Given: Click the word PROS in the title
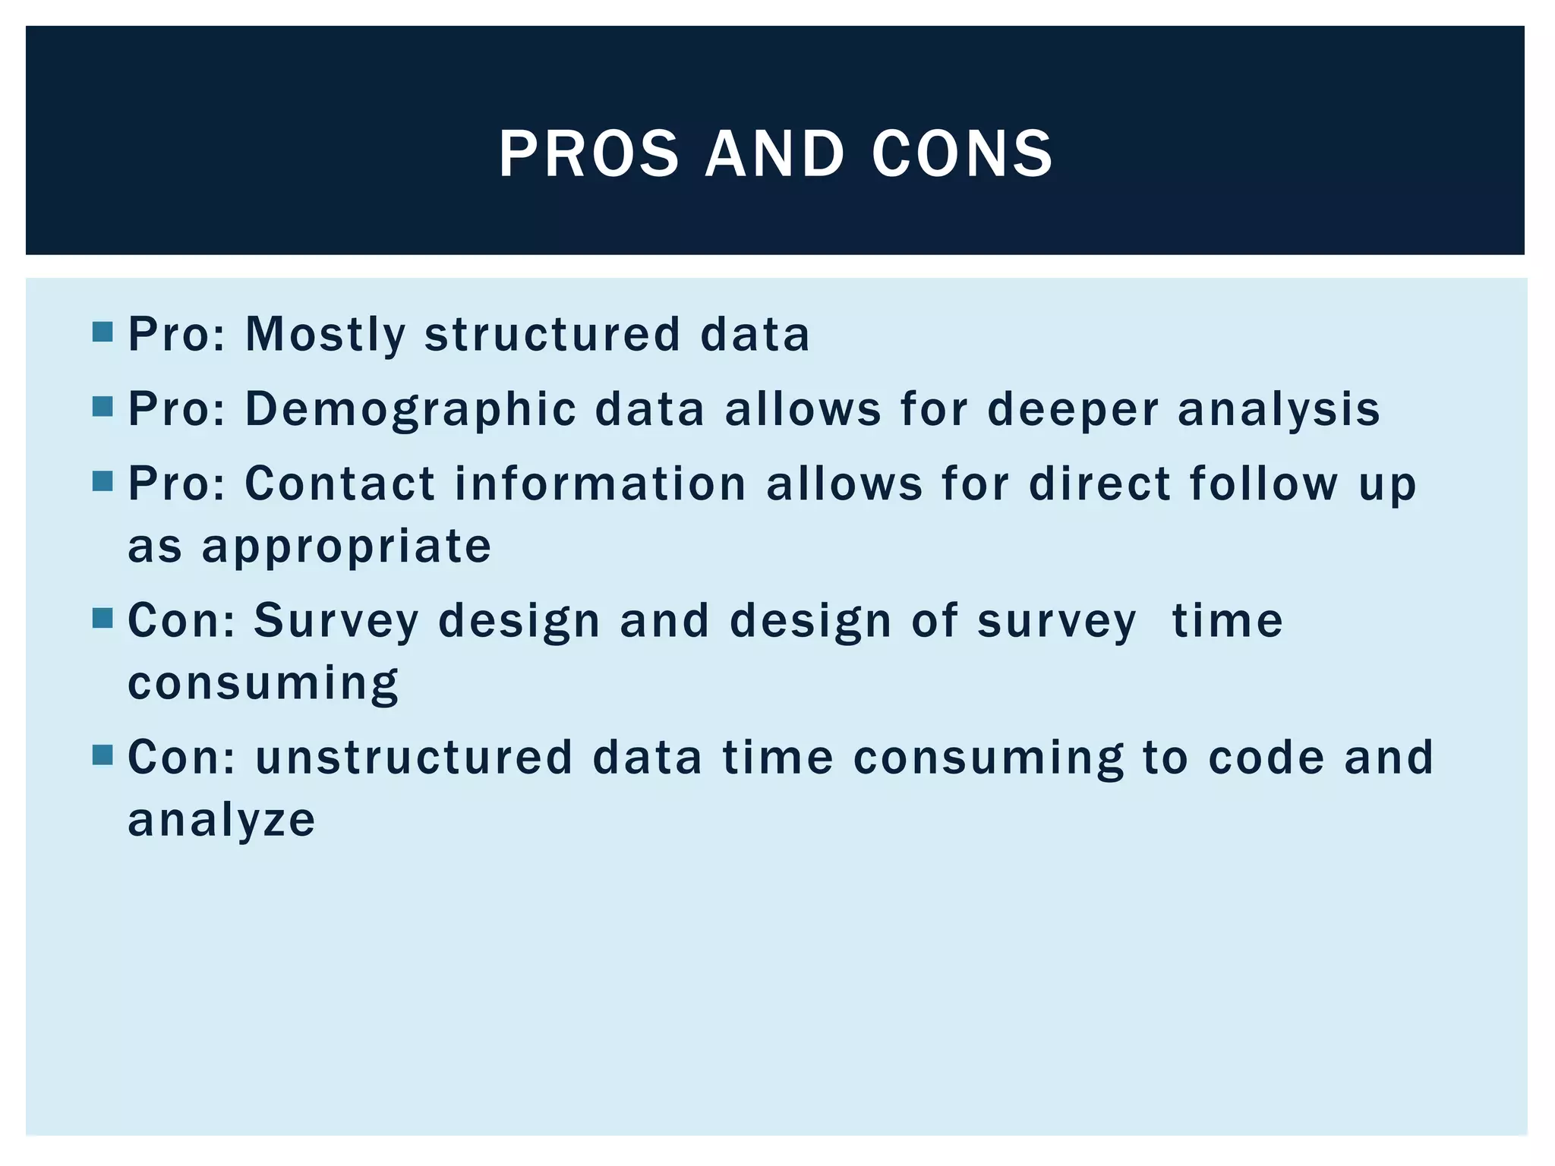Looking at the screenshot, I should point(588,153).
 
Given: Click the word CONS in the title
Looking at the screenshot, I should point(963,153).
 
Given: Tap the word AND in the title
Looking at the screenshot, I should point(774,153).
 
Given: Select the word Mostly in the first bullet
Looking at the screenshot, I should point(326,335).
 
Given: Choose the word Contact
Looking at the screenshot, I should point(340,484).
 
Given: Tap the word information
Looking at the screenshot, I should point(601,484).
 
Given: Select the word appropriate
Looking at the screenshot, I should point(346,547).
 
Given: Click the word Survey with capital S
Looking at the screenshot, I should point(336,621).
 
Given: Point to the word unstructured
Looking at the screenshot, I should point(414,758).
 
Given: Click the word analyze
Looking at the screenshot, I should point(221,821).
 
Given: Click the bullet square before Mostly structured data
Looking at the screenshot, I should point(103,332).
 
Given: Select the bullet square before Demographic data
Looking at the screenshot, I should point(103,407).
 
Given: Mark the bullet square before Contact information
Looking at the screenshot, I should point(103,481).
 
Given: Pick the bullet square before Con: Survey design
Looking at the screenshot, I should point(103,618).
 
